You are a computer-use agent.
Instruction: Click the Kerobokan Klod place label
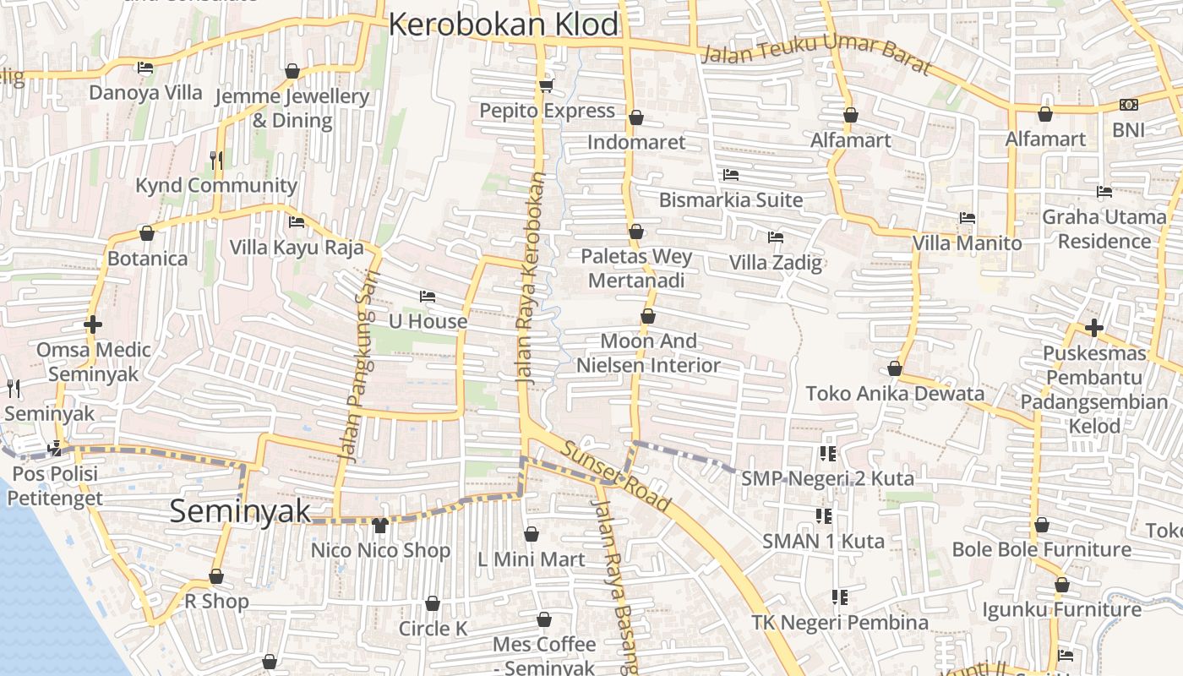504,25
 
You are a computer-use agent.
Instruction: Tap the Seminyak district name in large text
241,511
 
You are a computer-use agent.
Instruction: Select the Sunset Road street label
616,477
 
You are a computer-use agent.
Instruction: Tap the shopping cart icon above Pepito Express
547,85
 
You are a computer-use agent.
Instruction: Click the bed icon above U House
428,297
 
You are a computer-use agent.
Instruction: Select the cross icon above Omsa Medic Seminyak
93,324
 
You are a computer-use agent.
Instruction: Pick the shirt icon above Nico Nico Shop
379,526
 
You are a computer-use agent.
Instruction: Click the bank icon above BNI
1128,105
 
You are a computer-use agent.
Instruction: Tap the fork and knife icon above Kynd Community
216,160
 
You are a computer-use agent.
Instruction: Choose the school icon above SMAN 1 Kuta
824,515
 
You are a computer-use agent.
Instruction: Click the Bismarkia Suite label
731,200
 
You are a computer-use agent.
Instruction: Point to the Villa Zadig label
776,262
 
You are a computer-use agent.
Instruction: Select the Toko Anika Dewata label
895,394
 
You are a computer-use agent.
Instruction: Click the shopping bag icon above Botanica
147,233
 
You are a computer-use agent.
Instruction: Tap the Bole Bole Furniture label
1041,549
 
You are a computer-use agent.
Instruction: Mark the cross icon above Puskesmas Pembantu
1094,328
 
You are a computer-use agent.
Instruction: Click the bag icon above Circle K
433,603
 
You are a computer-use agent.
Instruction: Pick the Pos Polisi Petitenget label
55,486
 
